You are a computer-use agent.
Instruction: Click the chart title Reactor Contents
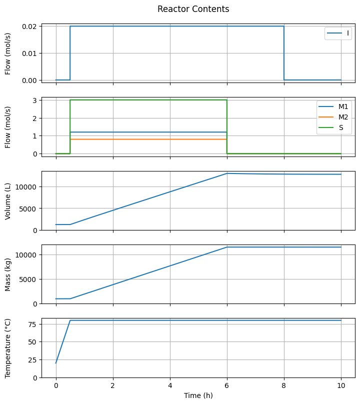[193, 9]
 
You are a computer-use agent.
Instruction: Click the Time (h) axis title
[198, 395]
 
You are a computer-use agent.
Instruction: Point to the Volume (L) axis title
[8, 200]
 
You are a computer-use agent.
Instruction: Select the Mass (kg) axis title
[8, 274]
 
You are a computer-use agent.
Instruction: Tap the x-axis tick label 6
[227, 386]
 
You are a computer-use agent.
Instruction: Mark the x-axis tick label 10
[341, 386]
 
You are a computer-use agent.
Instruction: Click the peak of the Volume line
[227, 173]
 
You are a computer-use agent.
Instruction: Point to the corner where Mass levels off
[227, 247]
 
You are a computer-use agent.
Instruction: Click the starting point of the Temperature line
[56, 363]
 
